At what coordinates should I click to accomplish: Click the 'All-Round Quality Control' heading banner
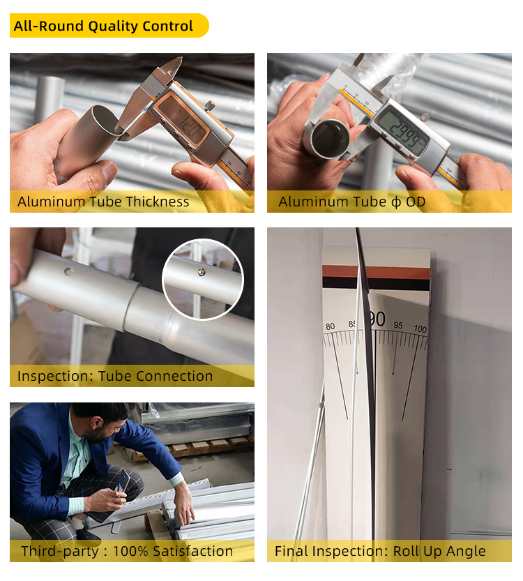(x=109, y=26)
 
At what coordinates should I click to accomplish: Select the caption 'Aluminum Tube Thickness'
(x=103, y=202)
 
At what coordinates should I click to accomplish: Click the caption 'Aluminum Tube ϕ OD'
(x=352, y=202)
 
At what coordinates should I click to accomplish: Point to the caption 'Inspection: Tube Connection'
(x=115, y=376)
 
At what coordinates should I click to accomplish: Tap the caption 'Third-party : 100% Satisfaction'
(x=127, y=551)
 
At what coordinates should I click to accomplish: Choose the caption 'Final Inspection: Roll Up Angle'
(x=380, y=551)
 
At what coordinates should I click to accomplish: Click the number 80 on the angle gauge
(x=330, y=326)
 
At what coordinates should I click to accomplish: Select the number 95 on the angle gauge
(x=398, y=325)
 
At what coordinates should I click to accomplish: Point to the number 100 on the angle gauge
(x=420, y=329)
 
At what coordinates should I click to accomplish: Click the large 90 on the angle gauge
(x=377, y=319)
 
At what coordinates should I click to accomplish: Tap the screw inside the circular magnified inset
(x=201, y=272)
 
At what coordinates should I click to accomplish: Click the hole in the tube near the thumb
(x=69, y=272)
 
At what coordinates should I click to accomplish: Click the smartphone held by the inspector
(x=122, y=481)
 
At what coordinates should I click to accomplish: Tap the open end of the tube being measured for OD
(x=331, y=138)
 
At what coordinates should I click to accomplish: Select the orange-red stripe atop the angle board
(x=377, y=272)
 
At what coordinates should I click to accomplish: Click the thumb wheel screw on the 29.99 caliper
(x=425, y=117)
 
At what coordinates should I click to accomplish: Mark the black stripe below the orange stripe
(x=377, y=283)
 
